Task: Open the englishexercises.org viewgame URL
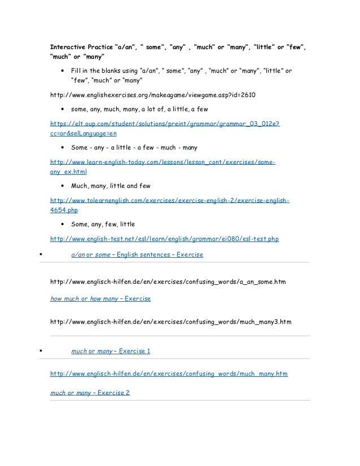click(x=153, y=94)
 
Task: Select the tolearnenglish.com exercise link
click(x=170, y=200)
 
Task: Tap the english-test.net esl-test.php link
click(x=164, y=239)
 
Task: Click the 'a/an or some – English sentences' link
click(x=137, y=254)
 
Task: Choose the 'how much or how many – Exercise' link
click(x=100, y=298)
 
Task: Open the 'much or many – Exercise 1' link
click(x=111, y=351)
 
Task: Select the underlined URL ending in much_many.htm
click(x=169, y=373)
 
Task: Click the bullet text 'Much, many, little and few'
click(x=111, y=186)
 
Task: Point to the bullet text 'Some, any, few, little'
click(x=103, y=224)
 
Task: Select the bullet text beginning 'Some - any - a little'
click(x=134, y=148)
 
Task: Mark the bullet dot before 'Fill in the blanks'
click(x=62, y=71)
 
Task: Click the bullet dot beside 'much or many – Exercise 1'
click(x=38, y=351)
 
